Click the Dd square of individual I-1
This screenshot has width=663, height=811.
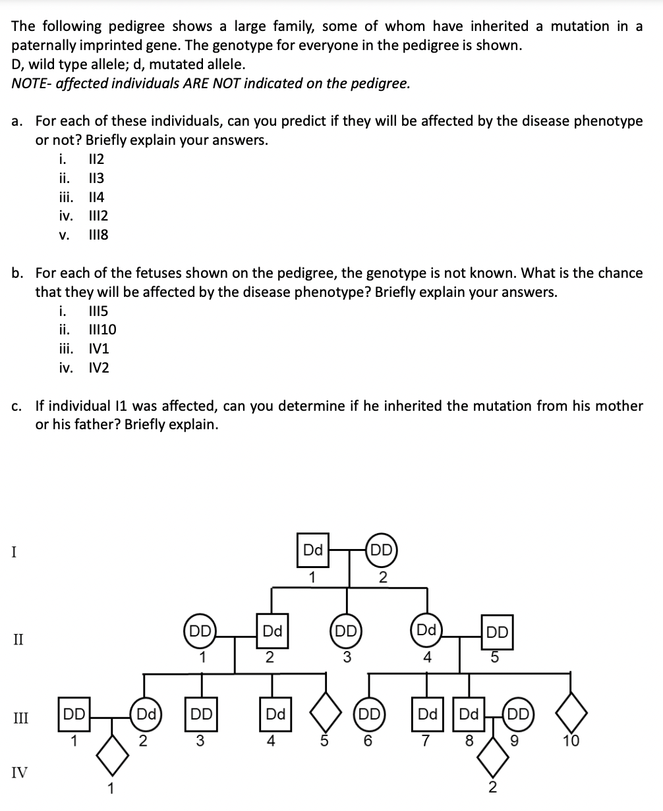coord(312,551)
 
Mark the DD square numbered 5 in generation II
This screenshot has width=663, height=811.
coord(498,633)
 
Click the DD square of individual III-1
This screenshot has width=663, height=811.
coord(74,714)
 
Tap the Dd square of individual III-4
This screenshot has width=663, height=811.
coord(275,714)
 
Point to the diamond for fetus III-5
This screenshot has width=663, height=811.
coord(324,714)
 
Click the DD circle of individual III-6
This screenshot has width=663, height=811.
coord(368,714)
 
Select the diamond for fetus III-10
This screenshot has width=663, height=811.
coord(571,714)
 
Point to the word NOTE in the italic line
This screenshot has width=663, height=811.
coord(28,84)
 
